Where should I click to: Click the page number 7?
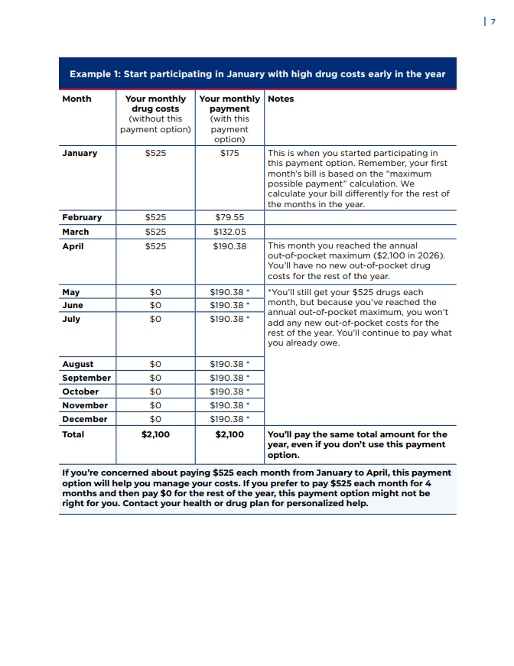[493, 21]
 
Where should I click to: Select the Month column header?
[76, 99]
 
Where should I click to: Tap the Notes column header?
[281, 99]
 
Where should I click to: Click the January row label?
[80, 153]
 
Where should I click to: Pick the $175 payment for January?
[229, 153]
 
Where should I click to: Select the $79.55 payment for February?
[229, 217]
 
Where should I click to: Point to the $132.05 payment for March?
[229, 232]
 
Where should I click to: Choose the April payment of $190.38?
[229, 246]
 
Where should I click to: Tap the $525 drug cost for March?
[155, 232]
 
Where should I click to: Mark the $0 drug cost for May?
[155, 292]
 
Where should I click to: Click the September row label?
[86, 378]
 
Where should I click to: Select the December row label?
[85, 419]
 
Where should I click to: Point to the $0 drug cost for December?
[155, 419]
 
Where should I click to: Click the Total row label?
[73, 434]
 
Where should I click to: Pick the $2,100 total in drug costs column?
[155, 434]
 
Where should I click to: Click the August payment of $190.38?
[227, 364]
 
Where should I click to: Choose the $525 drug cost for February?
[155, 217]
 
